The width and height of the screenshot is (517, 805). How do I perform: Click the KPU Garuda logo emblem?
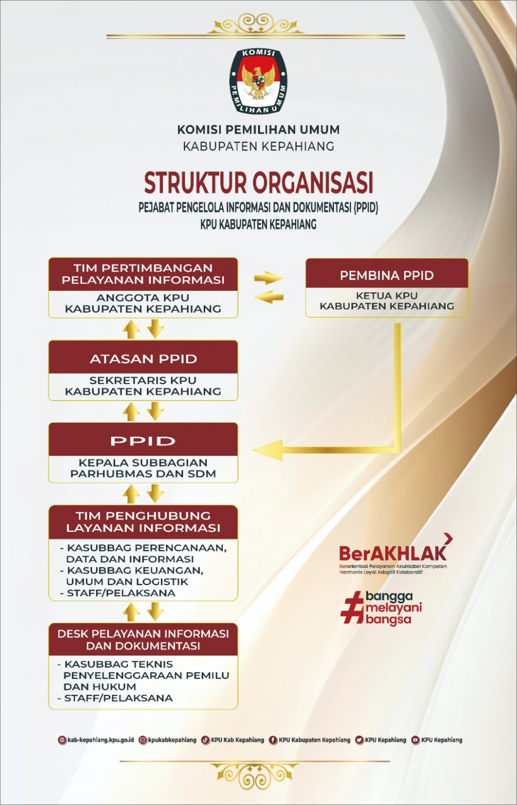point(258,81)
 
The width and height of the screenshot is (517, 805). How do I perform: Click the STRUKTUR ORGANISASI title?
point(258,183)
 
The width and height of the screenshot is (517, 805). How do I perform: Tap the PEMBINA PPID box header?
point(387,275)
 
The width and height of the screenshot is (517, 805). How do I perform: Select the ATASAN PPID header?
point(143,358)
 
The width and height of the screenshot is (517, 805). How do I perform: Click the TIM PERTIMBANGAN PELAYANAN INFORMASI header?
point(143,274)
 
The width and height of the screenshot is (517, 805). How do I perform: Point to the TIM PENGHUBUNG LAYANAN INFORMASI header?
point(143,521)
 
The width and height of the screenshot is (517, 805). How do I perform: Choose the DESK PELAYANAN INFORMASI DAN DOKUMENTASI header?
point(143,639)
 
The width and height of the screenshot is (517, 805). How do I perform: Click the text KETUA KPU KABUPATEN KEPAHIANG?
point(387,301)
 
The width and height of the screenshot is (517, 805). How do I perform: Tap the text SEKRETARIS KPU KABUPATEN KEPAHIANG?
point(143,386)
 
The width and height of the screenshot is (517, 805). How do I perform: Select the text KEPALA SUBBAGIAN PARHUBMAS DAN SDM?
point(143,468)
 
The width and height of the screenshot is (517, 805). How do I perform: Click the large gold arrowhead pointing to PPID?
point(269,450)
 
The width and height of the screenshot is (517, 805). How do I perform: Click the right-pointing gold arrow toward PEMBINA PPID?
point(269,278)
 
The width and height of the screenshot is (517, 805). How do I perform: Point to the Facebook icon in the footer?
point(273,740)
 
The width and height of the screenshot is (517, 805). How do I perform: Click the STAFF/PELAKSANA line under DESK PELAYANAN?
point(118,698)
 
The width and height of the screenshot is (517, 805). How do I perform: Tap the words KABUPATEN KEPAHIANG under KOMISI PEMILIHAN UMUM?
point(258,146)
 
